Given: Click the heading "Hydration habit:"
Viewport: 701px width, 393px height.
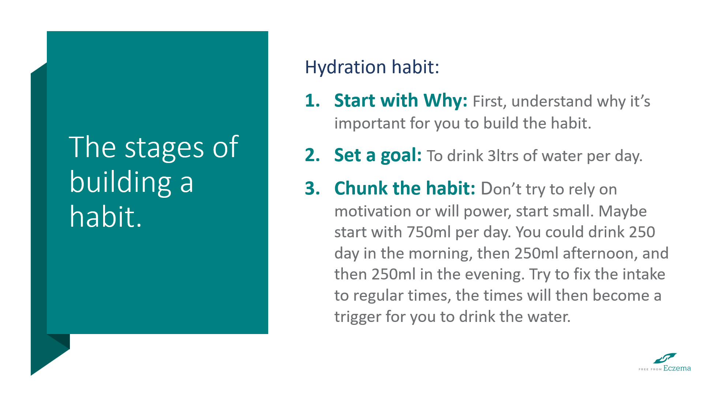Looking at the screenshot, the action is point(372,67).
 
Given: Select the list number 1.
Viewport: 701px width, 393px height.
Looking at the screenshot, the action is point(312,101).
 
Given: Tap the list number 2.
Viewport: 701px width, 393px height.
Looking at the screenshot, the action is point(312,155).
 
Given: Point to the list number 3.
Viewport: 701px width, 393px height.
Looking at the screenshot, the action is point(312,189).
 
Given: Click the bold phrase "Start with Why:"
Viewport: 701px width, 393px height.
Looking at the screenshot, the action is point(401,101).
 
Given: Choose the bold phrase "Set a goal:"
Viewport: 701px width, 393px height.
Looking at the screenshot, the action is point(378,155).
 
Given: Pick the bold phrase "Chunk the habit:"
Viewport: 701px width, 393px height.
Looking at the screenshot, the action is point(405,189).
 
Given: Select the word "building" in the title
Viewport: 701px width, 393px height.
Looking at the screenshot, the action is point(120,182).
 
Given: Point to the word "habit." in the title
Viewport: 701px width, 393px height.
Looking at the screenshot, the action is point(105,216).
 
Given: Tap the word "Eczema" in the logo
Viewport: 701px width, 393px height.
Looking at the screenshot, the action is point(677,368).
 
